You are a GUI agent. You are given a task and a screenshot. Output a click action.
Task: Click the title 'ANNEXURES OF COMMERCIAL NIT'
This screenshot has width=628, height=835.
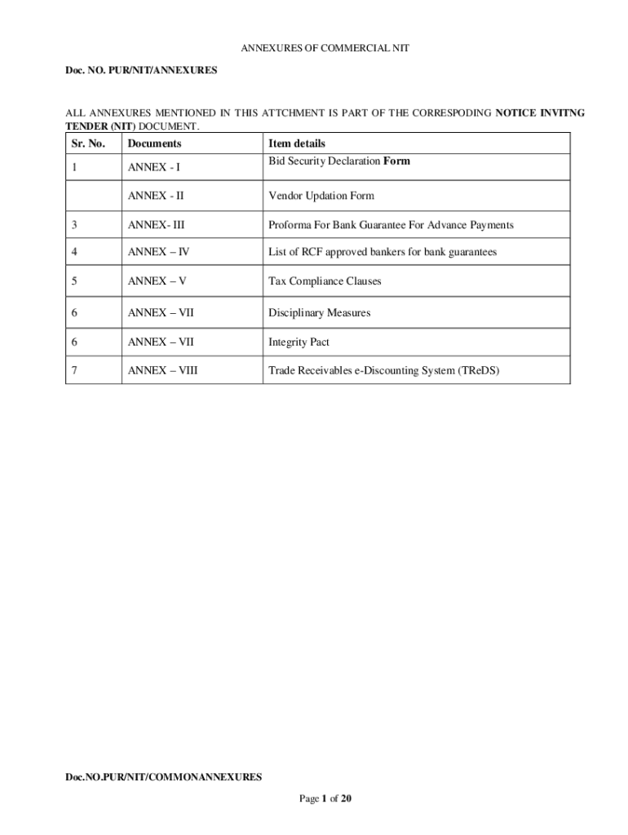pos(325,49)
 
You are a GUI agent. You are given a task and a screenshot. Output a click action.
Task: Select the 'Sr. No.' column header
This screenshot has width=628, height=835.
pos(89,144)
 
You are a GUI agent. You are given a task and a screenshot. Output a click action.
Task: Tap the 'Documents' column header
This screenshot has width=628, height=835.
pos(154,144)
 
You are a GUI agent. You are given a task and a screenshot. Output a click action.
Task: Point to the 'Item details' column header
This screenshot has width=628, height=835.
pos(297,144)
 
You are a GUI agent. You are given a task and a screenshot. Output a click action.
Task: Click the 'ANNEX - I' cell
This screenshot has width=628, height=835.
pos(154,168)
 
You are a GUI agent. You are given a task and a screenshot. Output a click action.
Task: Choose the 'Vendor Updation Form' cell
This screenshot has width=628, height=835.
pos(321,196)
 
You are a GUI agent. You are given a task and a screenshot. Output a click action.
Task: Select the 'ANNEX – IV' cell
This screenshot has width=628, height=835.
pos(158,252)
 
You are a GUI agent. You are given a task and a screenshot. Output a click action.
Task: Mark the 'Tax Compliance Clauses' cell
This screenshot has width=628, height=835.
pos(325,281)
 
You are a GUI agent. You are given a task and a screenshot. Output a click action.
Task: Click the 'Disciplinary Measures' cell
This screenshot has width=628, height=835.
pos(319,312)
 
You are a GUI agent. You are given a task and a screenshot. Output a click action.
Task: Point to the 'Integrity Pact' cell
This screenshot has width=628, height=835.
pos(299,342)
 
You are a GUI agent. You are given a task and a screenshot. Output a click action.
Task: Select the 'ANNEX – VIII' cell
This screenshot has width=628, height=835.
pos(162,371)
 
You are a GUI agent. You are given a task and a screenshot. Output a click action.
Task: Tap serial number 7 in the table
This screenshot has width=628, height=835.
pos(74,371)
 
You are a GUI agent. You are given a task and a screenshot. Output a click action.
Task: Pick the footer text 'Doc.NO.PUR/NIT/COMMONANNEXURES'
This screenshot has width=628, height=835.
pos(164,777)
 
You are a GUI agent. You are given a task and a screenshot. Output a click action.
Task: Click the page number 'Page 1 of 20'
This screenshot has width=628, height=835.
pos(325,798)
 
